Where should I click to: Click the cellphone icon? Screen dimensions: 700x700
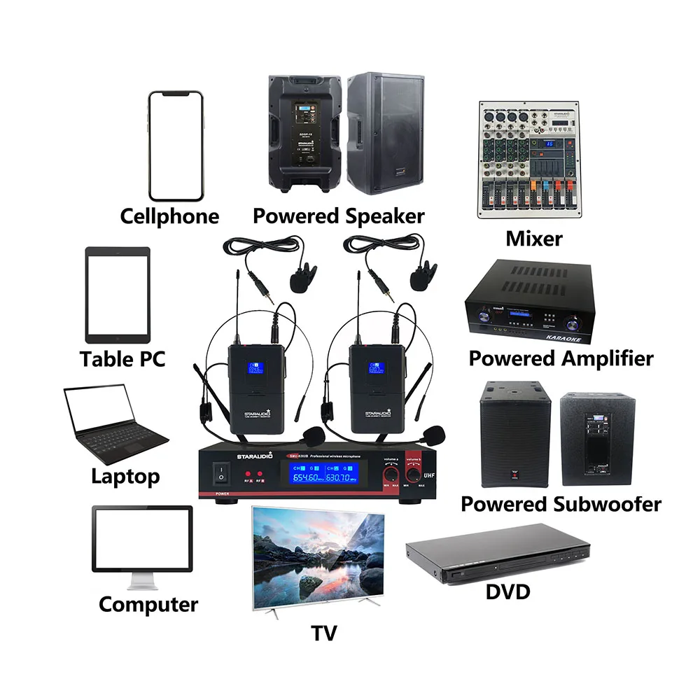[x=175, y=146]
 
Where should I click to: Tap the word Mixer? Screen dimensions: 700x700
[x=534, y=239]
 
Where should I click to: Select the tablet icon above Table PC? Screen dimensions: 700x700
[x=118, y=294]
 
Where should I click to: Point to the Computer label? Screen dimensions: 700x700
[x=148, y=604]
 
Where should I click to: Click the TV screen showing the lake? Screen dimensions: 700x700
[x=318, y=553]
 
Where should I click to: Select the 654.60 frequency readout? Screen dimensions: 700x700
[x=307, y=477]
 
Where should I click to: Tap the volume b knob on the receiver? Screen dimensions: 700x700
[x=416, y=476]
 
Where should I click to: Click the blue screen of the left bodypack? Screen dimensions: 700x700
[x=258, y=370]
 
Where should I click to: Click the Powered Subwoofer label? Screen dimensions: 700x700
[x=561, y=504]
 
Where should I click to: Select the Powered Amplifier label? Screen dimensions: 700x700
[x=561, y=358]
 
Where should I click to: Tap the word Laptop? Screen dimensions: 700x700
[x=125, y=477]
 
